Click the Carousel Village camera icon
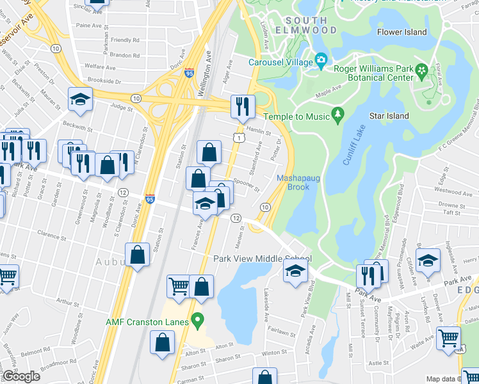321,62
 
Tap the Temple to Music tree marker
337,116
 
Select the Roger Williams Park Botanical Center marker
421,70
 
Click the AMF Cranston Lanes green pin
199,319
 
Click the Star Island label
389,116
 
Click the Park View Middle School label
263,259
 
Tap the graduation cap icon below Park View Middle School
294,271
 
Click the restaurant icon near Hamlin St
243,106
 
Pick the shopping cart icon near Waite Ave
449,337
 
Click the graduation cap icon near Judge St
81,99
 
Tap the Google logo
21,376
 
